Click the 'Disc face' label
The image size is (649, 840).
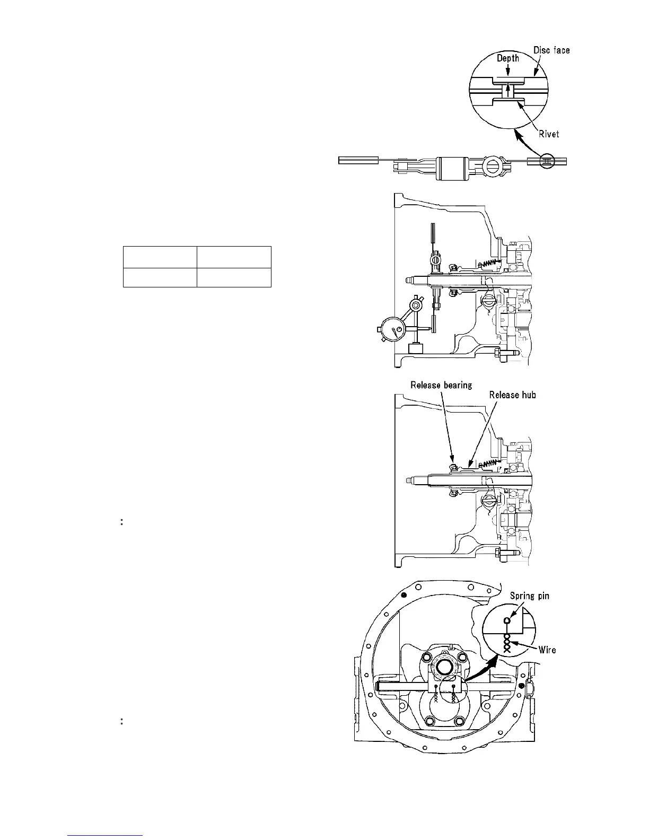pyautogui.click(x=551, y=50)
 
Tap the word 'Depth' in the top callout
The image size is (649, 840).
pyautogui.click(x=508, y=58)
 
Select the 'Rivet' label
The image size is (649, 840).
pyautogui.click(x=548, y=134)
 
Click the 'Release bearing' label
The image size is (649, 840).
pyautogui.click(x=441, y=385)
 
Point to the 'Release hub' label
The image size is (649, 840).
pyautogui.click(x=512, y=395)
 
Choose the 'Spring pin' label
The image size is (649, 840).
pyautogui.click(x=530, y=596)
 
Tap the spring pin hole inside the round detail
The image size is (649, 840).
pyautogui.click(x=507, y=620)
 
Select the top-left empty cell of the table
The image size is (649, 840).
pyautogui.click(x=160, y=257)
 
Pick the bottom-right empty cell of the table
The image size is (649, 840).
pyautogui.click(x=234, y=277)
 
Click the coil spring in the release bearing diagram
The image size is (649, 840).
pyautogui.click(x=491, y=463)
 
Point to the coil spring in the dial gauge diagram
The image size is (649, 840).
pyautogui.click(x=491, y=262)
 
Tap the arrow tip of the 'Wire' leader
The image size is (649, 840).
pyautogui.click(x=512, y=643)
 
